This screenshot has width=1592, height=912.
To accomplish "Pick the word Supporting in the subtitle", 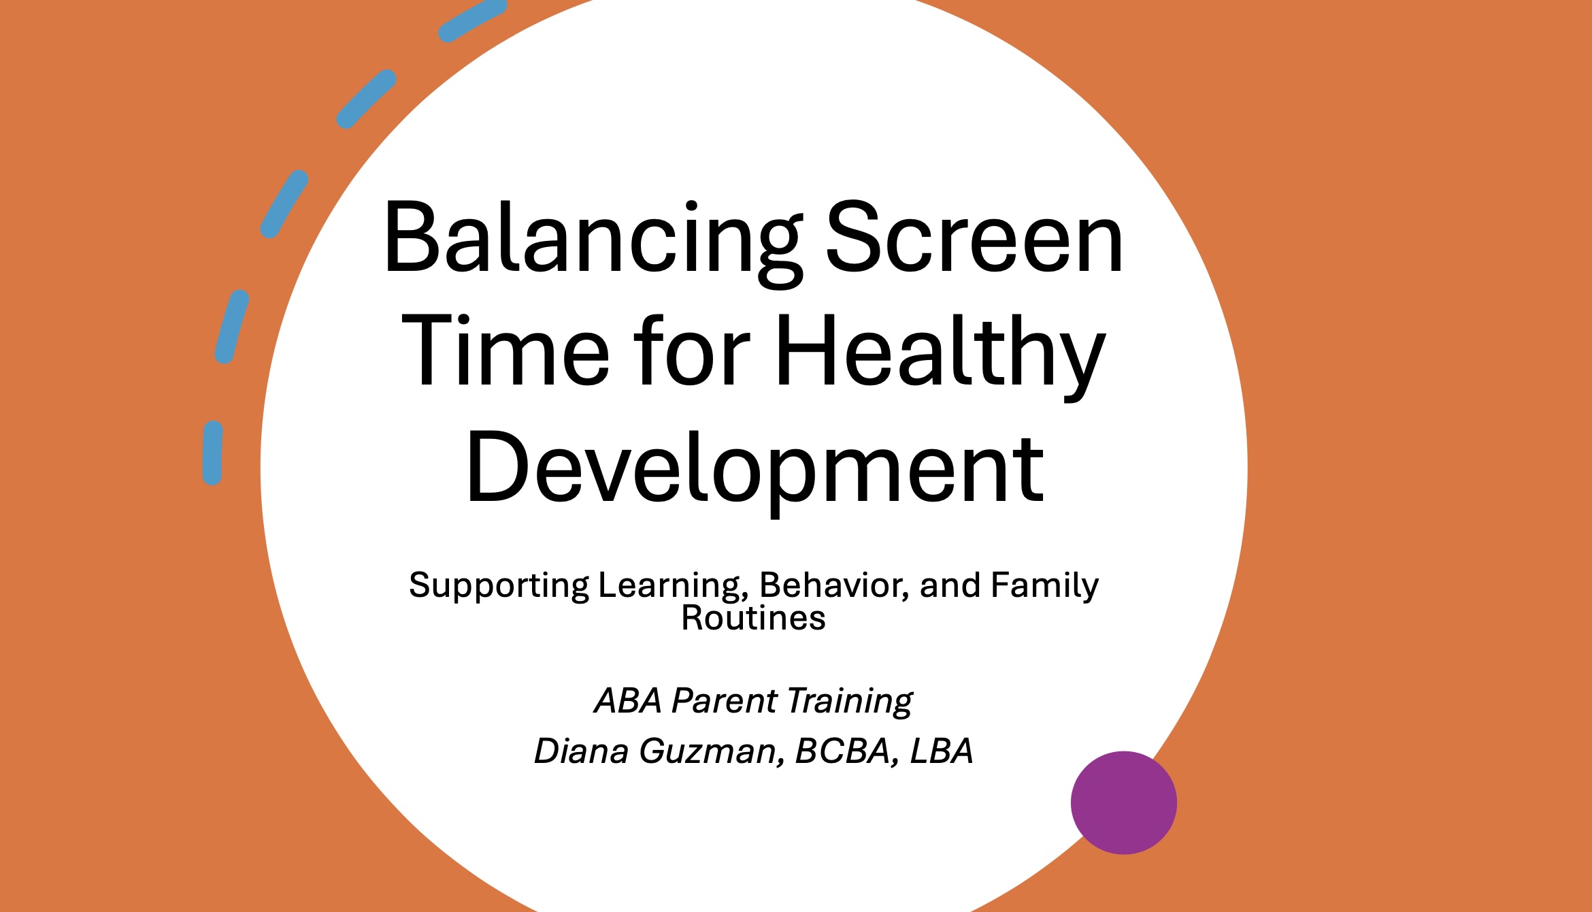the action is (499, 587).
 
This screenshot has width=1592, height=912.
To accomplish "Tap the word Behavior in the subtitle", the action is (835, 585).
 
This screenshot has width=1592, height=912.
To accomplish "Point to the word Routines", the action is (754, 618).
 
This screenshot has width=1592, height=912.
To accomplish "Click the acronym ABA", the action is (628, 700).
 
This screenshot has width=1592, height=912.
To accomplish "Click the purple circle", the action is (1124, 802).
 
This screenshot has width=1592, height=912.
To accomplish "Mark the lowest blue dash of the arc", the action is (213, 453).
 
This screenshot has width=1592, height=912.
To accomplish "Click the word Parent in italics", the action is (724, 700).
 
